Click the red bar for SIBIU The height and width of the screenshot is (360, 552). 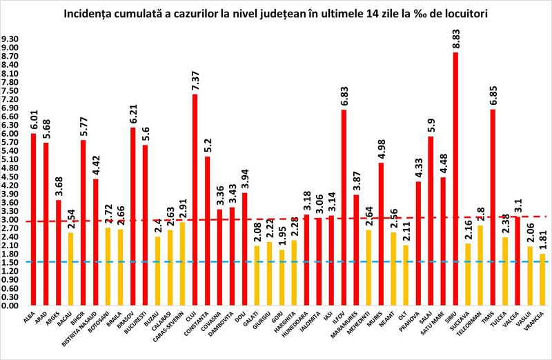455,179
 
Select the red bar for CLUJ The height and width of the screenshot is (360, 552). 195,200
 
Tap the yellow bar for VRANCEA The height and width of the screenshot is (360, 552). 542,280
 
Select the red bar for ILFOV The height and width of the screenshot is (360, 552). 343,207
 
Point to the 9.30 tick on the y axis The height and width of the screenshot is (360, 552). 11,39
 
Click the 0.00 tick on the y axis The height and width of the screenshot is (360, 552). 11,306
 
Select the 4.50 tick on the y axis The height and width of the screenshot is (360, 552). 11,177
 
